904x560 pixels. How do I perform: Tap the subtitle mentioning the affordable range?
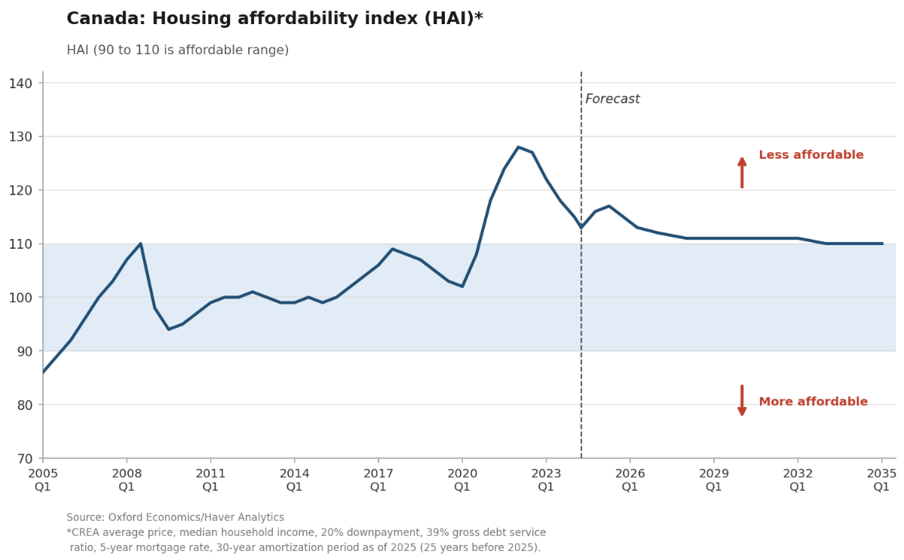tap(178, 50)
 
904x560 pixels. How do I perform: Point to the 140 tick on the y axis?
tap(21, 84)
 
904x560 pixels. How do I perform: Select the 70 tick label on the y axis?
tap(26, 459)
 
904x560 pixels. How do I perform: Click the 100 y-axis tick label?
tap(21, 298)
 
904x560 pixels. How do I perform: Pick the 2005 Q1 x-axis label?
tap(43, 480)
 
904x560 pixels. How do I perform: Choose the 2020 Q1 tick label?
tap(462, 480)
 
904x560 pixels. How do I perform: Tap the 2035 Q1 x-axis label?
tap(881, 480)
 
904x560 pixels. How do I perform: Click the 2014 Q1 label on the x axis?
tap(295, 480)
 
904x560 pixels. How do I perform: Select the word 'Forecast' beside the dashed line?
tap(612, 99)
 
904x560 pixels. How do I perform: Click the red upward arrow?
tap(742, 173)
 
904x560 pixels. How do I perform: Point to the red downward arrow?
tap(742, 400)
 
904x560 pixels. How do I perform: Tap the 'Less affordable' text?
tap(811, 155)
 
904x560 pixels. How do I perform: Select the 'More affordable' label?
tap(813, 402)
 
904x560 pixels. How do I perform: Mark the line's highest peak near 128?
tap(518, 147)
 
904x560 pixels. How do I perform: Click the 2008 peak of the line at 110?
tap(141, 243)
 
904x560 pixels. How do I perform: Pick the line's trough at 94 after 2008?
tap(168, 329)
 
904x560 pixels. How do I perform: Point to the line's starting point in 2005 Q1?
tap(43, 372)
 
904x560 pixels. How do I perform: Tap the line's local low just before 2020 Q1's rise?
tap(462, 286)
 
